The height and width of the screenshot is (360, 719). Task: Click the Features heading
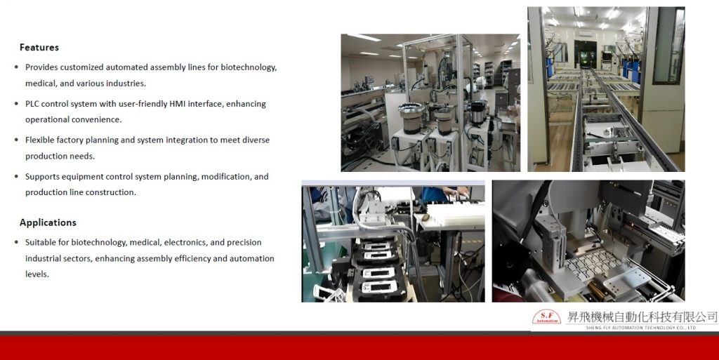tap(39, 47)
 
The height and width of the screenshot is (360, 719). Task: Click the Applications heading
tap(48, 222)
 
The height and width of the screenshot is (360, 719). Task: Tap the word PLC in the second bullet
tap(32, 104)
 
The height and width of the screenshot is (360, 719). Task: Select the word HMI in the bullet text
tap(178, 104)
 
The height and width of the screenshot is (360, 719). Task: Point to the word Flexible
tap(40, 140)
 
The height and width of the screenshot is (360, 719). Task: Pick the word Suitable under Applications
tap(39, 242)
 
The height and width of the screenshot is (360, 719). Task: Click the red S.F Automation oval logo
tap(546, 317)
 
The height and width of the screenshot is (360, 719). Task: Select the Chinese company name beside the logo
tap(642, 316)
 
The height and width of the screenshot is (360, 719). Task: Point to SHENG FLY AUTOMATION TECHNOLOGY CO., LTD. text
tap(642, 328)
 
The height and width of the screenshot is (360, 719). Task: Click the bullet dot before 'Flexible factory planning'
tap(17, 140)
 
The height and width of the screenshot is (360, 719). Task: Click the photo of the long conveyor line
tap(606, 89)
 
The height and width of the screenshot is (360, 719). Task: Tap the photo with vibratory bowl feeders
tap(430, 102)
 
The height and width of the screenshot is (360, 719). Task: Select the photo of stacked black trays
tap(393, 241)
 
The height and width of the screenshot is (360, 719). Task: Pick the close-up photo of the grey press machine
tap(588, 241)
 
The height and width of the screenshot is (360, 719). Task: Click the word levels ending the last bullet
tap(37, 274)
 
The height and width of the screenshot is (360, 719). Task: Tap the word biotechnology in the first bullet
tap(248, 67)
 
